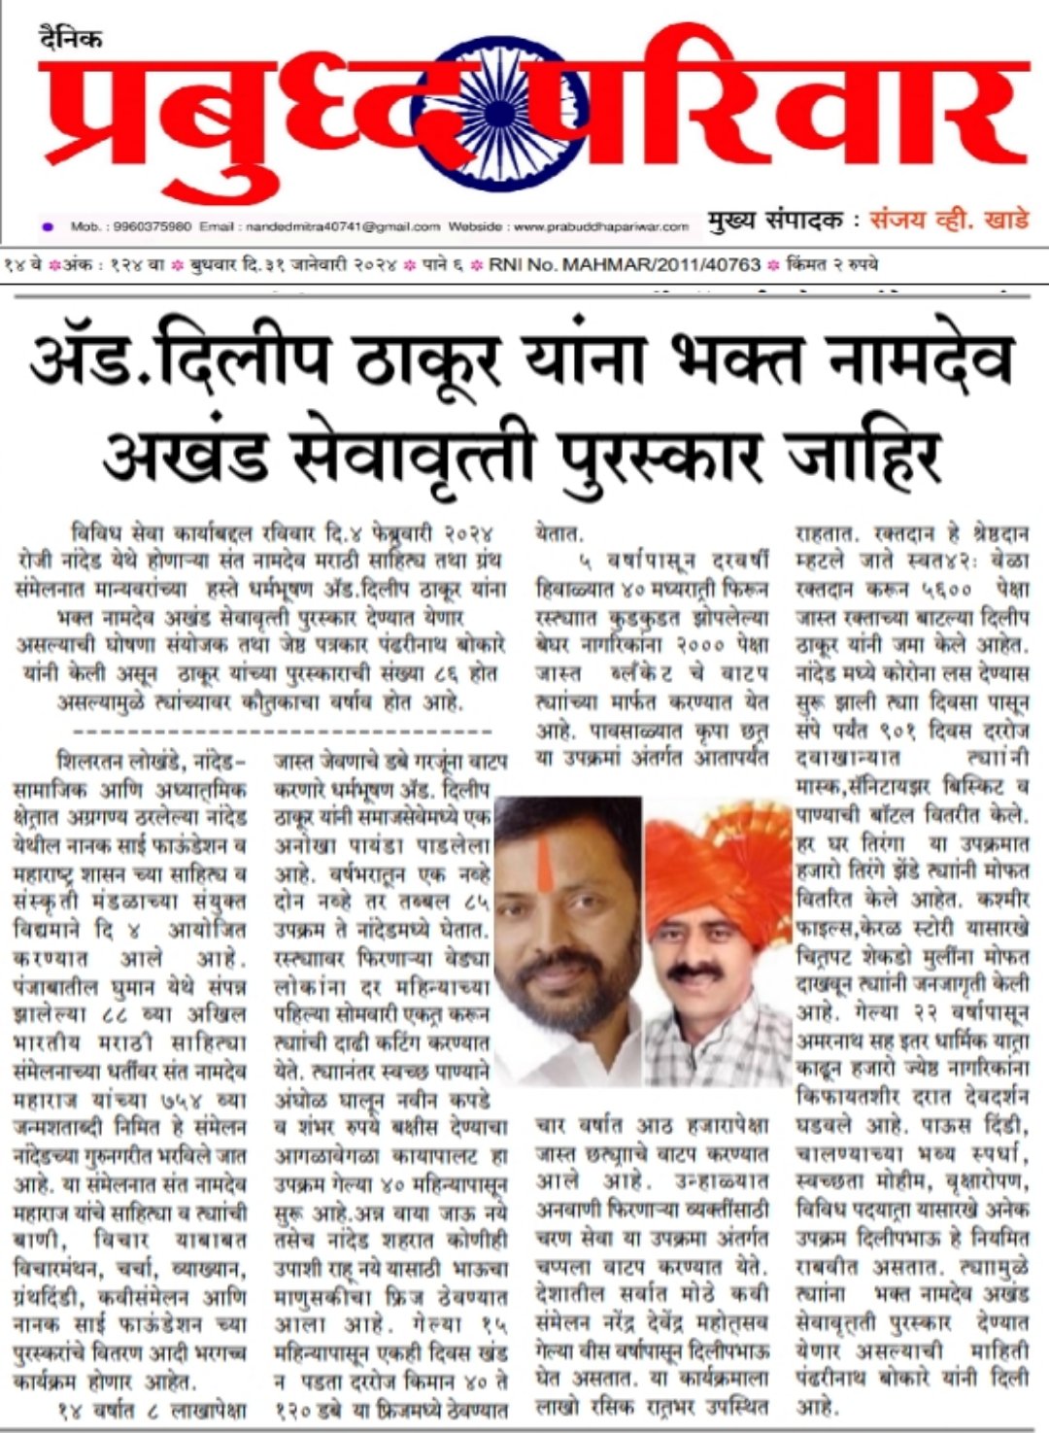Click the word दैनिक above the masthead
pos(71,39)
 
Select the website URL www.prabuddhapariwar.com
pos(599,226)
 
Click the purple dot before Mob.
pos(48,226)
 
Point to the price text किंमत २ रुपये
pos(834,264)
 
